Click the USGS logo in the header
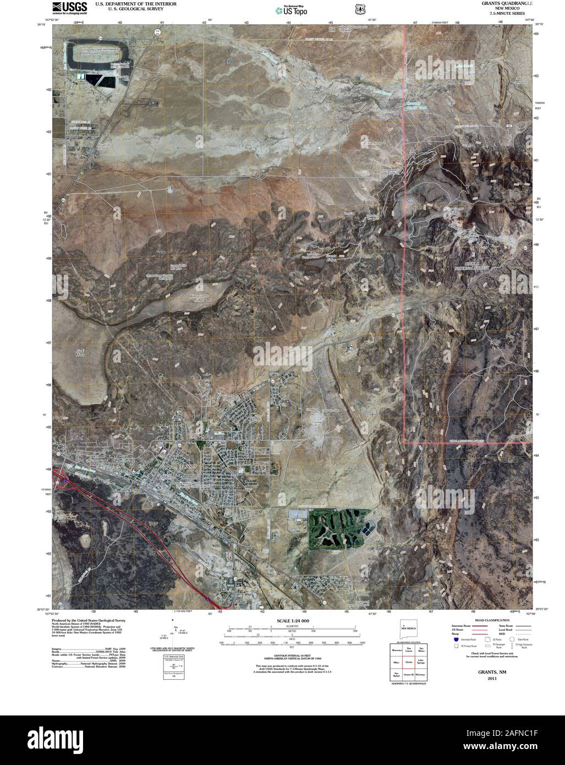[x=66, y=7]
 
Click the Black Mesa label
[x=79, y=352]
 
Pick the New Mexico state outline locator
[x=408, y=629]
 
